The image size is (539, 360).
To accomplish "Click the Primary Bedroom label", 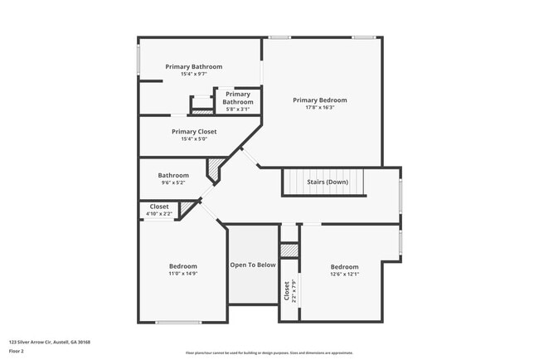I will (x=320, y=100).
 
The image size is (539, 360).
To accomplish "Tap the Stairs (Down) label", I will (x=326, y=182).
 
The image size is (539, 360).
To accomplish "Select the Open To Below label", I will (x=253, y=265).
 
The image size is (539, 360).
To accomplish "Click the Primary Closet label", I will (x=194, y=131).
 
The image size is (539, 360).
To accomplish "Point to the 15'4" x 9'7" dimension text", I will (x=194, y=74).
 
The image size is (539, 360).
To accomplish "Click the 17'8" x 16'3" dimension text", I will (x=320, y=107).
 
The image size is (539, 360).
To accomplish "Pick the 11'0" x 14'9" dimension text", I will (x=183, y=273).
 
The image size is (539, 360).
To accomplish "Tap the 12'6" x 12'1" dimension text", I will (x=344, y=274).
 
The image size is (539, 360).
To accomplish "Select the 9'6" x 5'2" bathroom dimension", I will (x=174, y=182).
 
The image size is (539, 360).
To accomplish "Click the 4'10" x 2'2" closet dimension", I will (x=159, y=214).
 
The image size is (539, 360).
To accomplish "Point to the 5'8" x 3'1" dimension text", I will (x=238, y=109).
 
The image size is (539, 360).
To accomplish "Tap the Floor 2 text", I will (x=17, y=352).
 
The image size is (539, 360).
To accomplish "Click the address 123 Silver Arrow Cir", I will (x=50, y=342).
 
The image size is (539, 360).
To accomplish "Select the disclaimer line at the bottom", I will (x=269, y=353).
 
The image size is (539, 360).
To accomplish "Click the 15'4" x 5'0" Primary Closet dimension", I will (x=194, y=139).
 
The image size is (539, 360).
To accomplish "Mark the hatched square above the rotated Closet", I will (x=289, y=250).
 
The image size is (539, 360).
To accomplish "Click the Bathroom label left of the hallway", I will (x=174, y=175).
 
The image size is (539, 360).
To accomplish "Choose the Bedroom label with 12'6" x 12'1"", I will (x=344, y=267).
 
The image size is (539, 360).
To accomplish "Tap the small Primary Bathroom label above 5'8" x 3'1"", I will (x=238, y=98).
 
